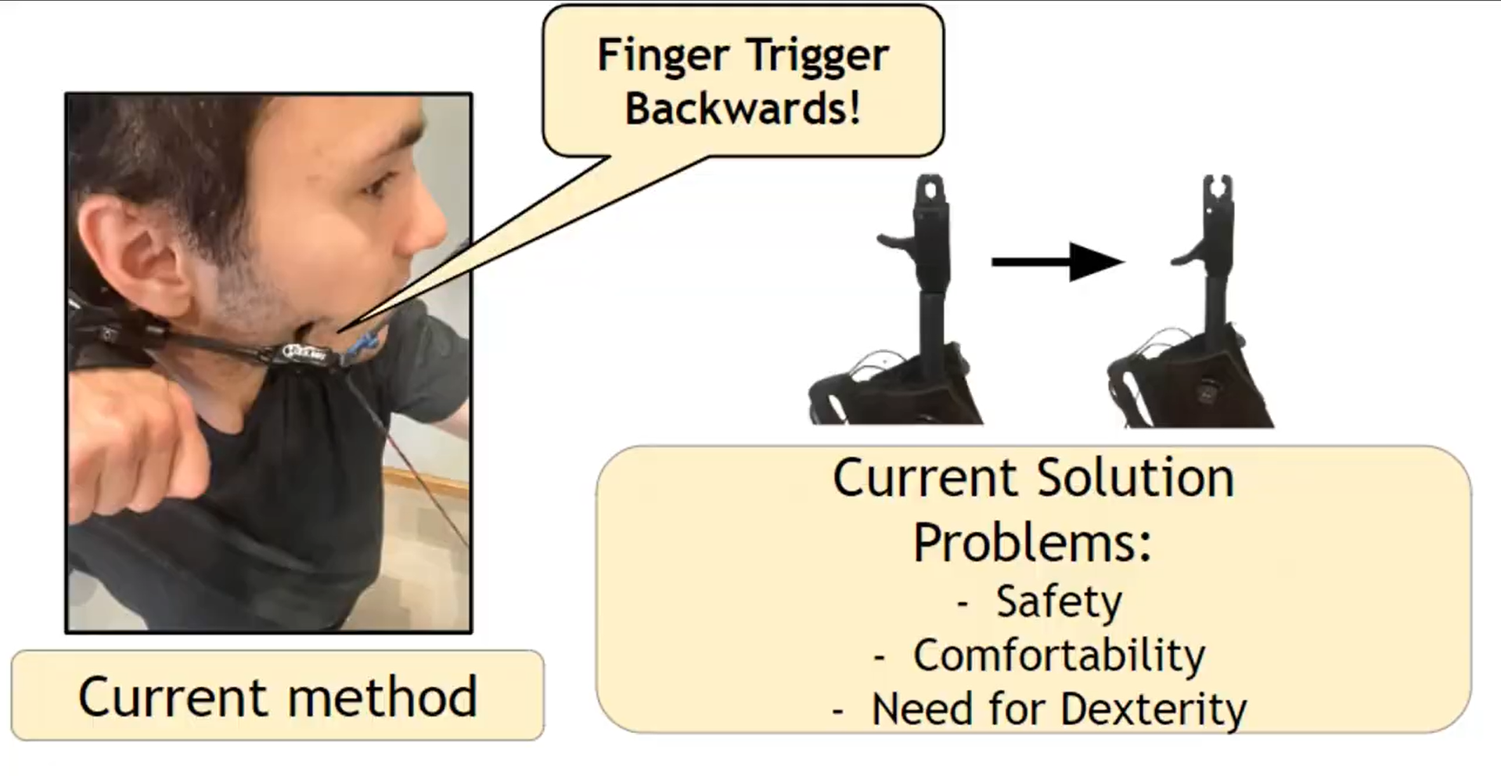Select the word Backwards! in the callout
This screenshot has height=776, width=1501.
point(743,107)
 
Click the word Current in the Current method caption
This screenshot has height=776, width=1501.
point(172,696)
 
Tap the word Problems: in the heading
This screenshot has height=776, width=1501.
point(1033,541)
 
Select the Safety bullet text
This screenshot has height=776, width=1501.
point(1059,602)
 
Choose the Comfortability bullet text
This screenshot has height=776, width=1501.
point(1059,656)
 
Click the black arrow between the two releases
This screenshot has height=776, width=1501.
point(1057,262)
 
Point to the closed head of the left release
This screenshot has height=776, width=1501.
point(930,190)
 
